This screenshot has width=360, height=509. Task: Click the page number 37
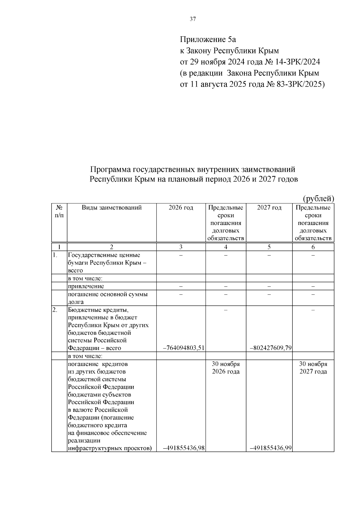(x=193, y=19)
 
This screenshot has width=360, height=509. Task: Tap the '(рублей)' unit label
(x=319, y=199)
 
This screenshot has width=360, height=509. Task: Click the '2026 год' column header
(x=181, y=208)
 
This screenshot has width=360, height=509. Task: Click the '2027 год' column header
(x=269, y=208)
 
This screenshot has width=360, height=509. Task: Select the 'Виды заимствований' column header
(x=112, y=208)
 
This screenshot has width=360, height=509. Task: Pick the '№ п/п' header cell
(x=59, y=211)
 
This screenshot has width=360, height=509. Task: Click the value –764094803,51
(x=184, y=348)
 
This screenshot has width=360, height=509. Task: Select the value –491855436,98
(x=184, y=448)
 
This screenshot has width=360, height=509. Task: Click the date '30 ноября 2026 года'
(x=226, y=368)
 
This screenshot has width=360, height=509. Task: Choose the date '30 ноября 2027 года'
(x=313, y=368)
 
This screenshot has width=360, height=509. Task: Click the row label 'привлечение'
(x=86, y=286)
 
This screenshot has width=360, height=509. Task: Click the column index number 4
(x=226, y=247)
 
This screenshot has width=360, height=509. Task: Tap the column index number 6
(x=313, y=247)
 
